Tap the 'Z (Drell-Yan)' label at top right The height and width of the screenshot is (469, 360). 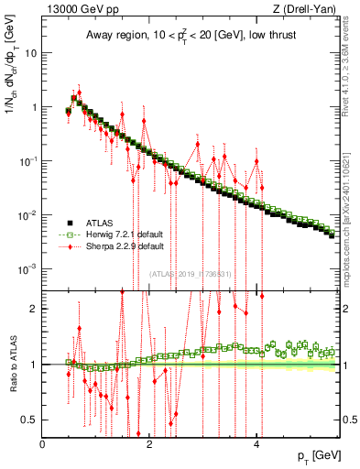coord(308,10)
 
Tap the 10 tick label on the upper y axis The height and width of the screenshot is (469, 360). coord(32,52)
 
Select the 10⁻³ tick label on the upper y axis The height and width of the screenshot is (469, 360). coord(30,269)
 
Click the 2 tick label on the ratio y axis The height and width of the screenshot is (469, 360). coord(35,308)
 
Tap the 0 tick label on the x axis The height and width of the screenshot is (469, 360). coord(43,444)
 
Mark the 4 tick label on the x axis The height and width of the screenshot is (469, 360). coord(256,444)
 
